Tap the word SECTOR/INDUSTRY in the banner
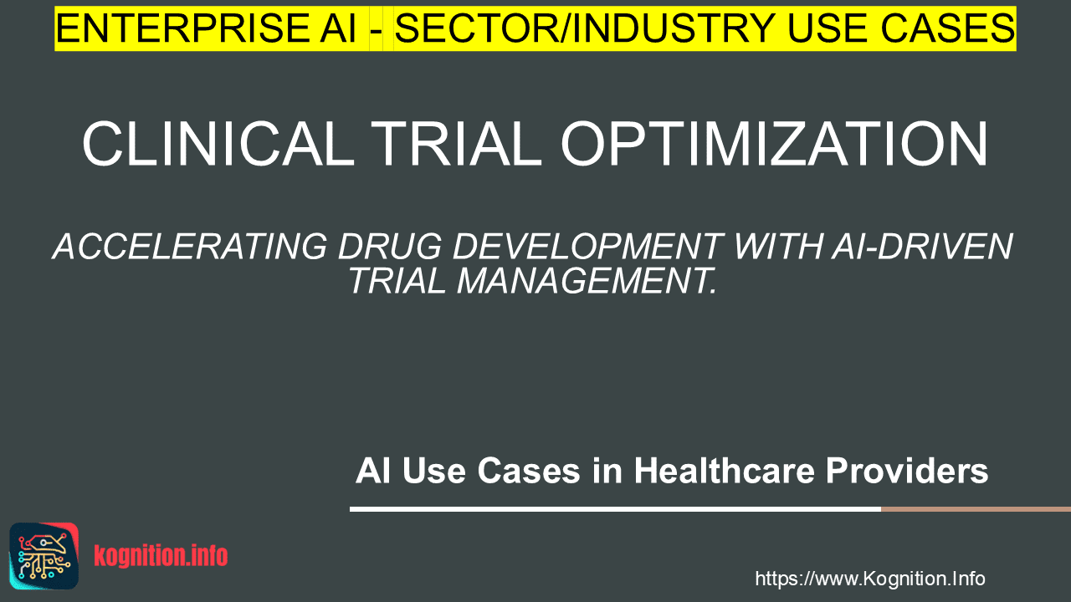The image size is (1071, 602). tap(585, 28)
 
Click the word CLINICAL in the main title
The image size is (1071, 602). tap(218, 144)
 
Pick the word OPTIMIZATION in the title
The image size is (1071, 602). tap(774, 144)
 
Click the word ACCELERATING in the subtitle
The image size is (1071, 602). tap(190, 247)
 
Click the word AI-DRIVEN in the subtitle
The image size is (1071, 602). tap(922, 247)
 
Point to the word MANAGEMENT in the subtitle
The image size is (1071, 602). tap(587, 281)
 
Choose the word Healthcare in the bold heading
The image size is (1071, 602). tap(725, 471)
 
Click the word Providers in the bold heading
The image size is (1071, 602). tap(907, 472)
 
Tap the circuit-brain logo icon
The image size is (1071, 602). tap(44, 556)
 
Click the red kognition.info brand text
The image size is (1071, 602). tap(161, 556)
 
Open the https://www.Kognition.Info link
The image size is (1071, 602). tap(870, 579)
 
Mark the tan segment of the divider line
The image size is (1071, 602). tap(976, 509)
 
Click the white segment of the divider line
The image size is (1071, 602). tap(615, 509)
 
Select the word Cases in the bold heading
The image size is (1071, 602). tap(529, 471)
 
